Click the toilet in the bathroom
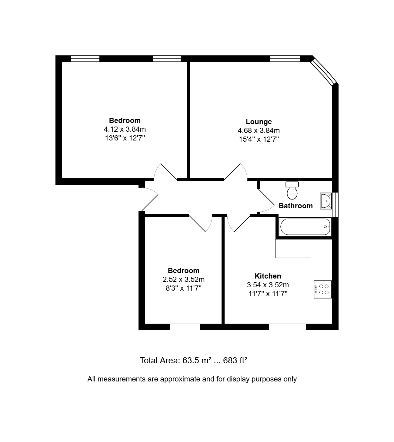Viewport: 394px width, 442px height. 292,190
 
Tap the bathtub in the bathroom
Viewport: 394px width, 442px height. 305,227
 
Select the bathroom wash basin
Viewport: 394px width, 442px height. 326,201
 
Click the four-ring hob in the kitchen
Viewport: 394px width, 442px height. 322,289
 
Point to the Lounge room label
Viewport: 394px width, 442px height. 259,121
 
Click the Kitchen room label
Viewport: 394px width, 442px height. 268,276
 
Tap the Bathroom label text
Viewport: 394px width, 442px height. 296,206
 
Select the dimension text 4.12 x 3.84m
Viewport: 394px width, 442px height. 125,129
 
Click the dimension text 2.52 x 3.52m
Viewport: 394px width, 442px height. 183,279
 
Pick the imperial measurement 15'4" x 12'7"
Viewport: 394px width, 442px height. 259,139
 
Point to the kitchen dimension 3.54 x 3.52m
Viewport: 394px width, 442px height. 268,285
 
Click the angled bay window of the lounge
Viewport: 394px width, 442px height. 324,71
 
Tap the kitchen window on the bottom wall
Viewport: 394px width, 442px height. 287,327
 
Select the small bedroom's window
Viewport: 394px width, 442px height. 185,327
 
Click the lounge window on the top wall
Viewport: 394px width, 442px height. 285,59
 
